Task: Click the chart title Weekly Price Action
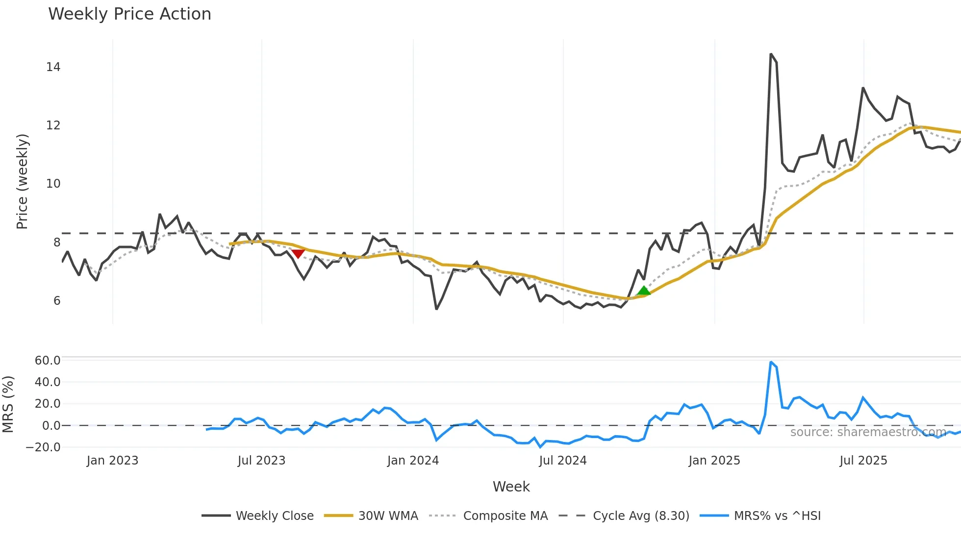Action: click(129, 14)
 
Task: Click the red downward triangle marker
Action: click(298, 253)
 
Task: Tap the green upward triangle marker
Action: click(643, 291)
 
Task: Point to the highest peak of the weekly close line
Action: click(771, 54)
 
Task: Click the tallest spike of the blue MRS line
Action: click(771, 363)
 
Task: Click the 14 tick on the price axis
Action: click(53, 67)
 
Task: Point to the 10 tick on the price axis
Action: click(53, 184)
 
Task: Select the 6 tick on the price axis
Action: click(57, 301)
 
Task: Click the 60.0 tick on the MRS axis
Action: click(48, 361)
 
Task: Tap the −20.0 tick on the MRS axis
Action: click(43, 447)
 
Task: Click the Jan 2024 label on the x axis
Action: click(413, 461)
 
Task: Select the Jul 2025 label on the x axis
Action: click(863, 461)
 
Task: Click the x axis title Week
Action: click(511, 487)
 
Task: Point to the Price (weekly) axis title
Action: click(23, 181)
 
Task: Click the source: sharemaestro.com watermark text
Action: click(868, 432)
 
